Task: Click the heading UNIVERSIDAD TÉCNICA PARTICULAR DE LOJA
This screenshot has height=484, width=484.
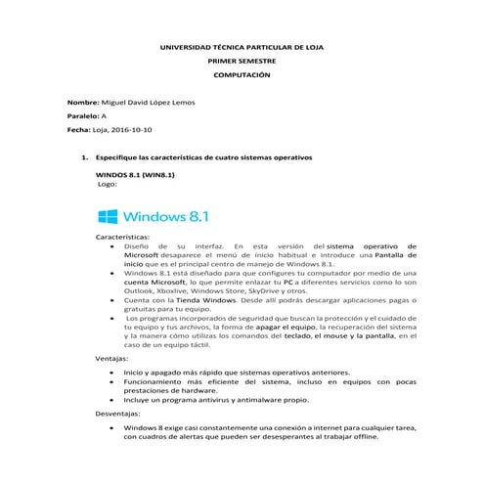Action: (242, 46)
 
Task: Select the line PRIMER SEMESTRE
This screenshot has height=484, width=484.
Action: (242, 61)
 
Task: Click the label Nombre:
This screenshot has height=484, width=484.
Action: (82, 103)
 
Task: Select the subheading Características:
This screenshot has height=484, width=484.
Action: (122, 238)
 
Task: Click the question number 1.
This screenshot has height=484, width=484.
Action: (86, 156)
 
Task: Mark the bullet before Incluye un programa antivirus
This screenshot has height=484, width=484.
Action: (115, 400)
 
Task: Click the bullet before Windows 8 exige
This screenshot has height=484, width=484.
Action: (115, 428)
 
